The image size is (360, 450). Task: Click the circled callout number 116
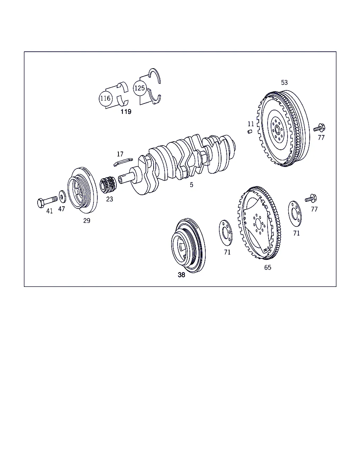105,98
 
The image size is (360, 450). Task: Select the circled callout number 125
140,88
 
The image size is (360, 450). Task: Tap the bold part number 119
126,112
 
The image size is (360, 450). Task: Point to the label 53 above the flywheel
284,83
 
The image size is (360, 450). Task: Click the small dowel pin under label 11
250,131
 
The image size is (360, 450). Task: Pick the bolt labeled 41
47,201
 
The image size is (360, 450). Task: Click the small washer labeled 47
62,197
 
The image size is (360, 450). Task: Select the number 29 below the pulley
86,221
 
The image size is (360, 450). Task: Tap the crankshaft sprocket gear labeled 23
108,185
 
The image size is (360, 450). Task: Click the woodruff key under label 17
123,162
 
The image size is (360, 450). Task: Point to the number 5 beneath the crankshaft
191,185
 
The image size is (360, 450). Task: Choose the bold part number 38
181,275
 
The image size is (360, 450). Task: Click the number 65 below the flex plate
268,268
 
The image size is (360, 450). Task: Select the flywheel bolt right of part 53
319,128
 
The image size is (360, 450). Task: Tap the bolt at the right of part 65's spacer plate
311,198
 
